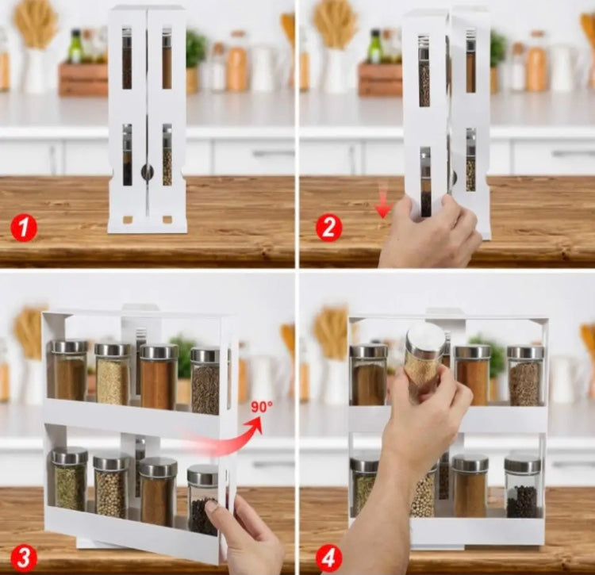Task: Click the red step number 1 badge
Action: pyautogui.click(x=24, y=228)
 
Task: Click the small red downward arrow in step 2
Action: pyautogui.click(x=383, y=208)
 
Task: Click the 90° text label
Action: pyautogui.click(x=261, y=407)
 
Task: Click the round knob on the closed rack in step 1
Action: pyautogui.click(x=147, y=171)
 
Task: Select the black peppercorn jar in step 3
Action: pyautogui.click(x=203, y=500)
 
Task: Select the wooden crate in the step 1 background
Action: pyautogui.click(x=83, y=79)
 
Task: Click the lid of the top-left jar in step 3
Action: pyautogui.click(x=69, y=347)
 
